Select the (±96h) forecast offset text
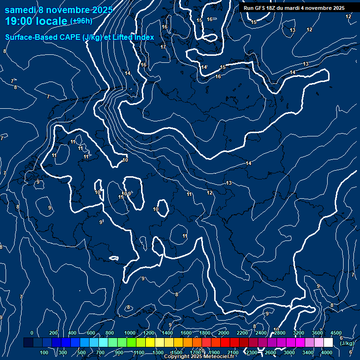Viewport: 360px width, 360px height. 81,21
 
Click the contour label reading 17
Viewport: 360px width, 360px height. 163,47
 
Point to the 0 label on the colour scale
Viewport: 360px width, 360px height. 32,333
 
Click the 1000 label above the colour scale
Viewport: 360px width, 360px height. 130,333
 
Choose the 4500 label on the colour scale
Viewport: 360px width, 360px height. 336,333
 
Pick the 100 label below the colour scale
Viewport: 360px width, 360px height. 45,352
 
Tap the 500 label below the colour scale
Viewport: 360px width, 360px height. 82,352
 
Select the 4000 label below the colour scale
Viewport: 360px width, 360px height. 327,352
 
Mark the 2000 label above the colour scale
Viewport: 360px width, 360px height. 224,333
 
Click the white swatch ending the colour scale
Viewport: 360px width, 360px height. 328,343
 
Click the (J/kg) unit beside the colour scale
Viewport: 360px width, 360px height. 347,344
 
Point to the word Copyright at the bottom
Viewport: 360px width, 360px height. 176,357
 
